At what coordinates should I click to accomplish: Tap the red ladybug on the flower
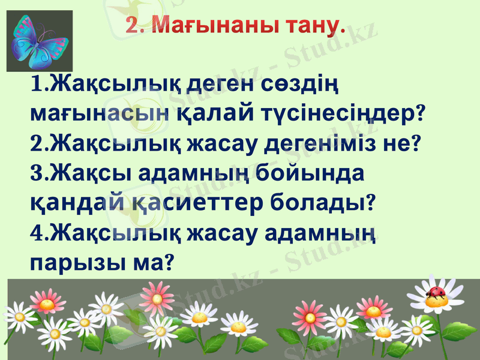(434, 293)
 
